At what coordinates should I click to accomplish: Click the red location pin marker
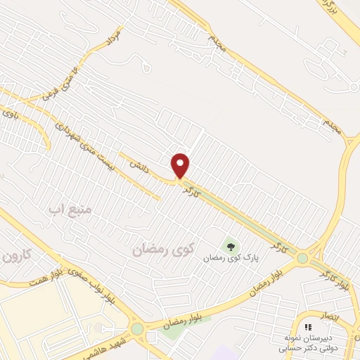pyautogui.click(x=181, y=165)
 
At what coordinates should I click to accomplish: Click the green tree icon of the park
pyautogui.click(x=229, y=246)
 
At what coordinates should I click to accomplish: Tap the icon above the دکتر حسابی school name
pyautogui.click(x=308, y=327)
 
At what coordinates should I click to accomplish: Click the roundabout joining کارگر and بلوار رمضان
pyautogui.click(x=302, y=259)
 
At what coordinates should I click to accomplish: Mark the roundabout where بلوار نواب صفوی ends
pyautogui.click(x=136, y=328)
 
